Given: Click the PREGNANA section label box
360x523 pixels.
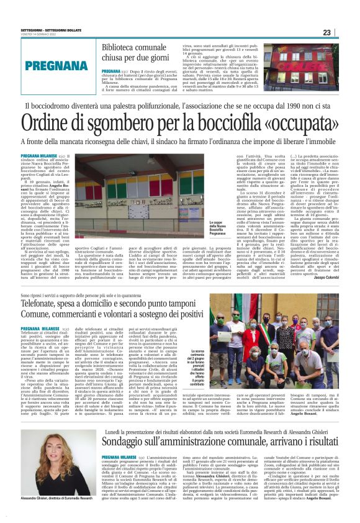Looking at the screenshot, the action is (x=57, y=65).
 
